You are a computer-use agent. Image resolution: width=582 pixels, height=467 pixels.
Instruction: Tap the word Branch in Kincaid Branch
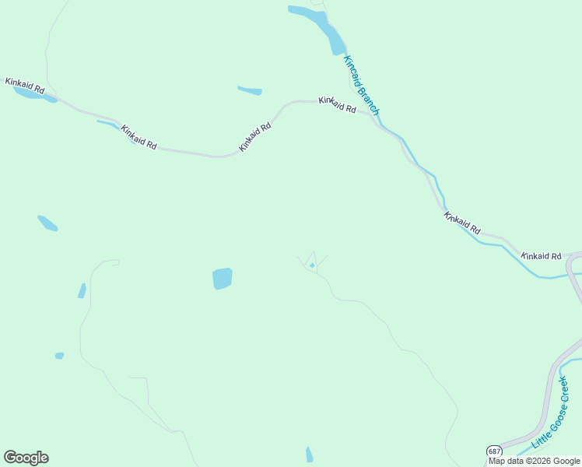click(369, 102)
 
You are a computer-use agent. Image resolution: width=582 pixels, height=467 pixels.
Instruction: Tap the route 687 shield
click(494, 451)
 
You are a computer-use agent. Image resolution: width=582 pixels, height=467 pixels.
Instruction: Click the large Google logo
click(26, 458)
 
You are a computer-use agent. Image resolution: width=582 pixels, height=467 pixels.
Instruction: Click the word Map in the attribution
click(496, 461)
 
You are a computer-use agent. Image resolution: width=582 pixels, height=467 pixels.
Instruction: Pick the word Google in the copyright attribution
click(564, 461)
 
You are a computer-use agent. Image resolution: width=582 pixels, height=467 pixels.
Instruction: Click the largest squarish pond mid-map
click(223, 278)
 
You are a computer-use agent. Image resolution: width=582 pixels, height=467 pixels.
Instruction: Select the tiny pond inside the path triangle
click(312, 266)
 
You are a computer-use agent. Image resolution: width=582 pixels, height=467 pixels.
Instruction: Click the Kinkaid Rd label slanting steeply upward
click(255, 137)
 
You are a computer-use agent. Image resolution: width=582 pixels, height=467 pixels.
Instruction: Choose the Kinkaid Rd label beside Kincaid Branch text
click(337, 104)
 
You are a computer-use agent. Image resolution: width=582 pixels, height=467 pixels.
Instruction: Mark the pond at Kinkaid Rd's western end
click(35, 94)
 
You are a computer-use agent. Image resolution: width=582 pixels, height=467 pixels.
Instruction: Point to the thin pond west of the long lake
click(250, 91)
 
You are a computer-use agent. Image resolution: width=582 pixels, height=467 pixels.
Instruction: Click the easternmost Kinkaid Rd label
click(541, 255)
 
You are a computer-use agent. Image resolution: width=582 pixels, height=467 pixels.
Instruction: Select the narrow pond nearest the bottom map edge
click(310, 455)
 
